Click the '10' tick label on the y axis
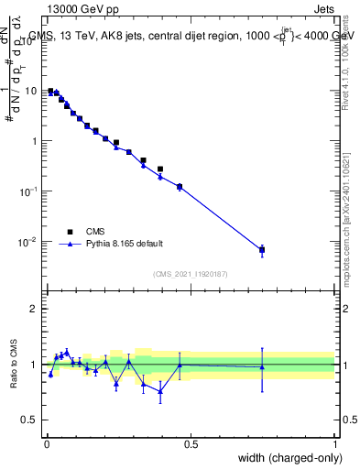(x=32, y=91)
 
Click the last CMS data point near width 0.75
(x=262, y=249)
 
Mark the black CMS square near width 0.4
(x=160, y=169)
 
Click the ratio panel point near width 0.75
(x=262, y=367)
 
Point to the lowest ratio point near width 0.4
(x=160, y=391)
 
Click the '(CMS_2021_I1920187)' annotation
(x=189, y=273)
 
